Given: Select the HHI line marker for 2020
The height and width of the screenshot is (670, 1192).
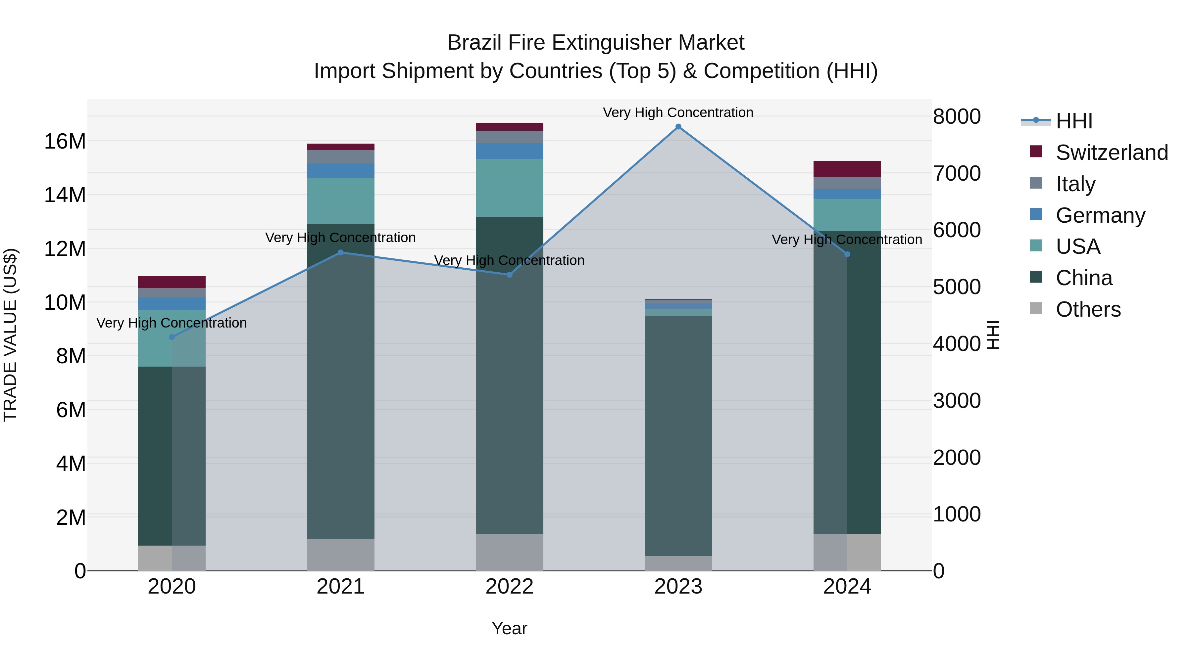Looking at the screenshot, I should point(172,337).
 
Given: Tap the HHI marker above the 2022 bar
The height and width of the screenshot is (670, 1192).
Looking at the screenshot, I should point(510,275).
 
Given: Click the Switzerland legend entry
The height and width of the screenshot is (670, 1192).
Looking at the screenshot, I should point(1112,153).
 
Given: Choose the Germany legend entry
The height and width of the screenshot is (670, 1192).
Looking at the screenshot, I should point(1100,215).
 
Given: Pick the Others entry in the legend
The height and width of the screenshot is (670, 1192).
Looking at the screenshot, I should point(1088,309).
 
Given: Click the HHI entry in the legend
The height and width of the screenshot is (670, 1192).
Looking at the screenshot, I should point(1073,121).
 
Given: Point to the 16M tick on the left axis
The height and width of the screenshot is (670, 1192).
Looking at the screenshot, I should point(65,141).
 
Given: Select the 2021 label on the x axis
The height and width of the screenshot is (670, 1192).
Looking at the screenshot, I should point(341,587).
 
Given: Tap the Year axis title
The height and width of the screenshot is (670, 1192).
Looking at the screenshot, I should point(510,628).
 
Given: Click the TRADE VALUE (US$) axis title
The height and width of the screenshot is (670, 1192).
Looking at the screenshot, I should point(10,335).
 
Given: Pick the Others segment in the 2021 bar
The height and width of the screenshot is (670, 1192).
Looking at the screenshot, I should point(341,555).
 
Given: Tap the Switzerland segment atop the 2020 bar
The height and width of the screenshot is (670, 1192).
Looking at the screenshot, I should point(172,282).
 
